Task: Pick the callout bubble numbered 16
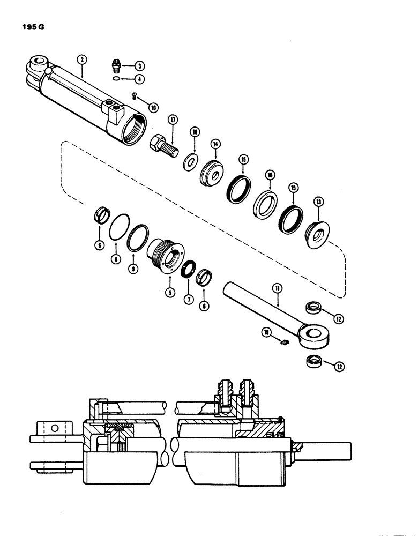point(269,175)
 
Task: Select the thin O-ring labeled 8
point(118,232)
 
